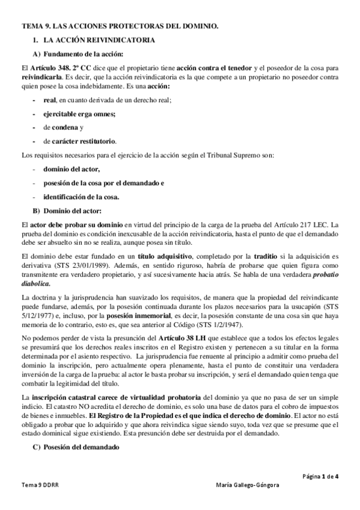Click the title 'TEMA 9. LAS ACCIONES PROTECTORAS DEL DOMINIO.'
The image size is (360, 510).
pos(120,27)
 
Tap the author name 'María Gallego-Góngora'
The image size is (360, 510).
pos(251,485)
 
